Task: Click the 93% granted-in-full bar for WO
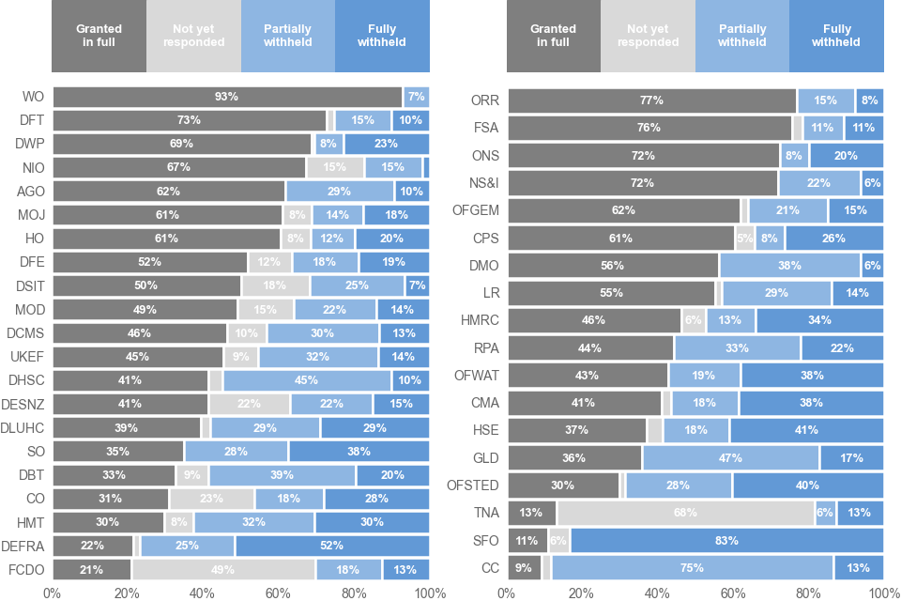pos(227,97)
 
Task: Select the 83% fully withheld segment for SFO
pos(726,541)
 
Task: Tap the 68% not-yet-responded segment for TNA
pos(685,513)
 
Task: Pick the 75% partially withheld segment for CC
pos(692,568)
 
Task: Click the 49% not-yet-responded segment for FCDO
pos(223,569)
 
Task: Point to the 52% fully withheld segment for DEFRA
pos(331,546)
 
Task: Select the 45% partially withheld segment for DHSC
pos(307,380)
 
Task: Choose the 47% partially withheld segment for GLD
pos(730,458)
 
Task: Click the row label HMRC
pos(480,320)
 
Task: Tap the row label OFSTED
pos(475,485)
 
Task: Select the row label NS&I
pos(482,183)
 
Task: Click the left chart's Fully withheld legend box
pos(382,36)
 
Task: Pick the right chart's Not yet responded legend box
pos(648,36)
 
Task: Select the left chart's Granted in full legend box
pos(99,36)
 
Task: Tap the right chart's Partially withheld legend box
pos(741,36)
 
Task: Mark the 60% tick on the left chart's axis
pos(278,593)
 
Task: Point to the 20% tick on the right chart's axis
pos(581,593)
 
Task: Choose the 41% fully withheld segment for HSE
pos(806,430)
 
